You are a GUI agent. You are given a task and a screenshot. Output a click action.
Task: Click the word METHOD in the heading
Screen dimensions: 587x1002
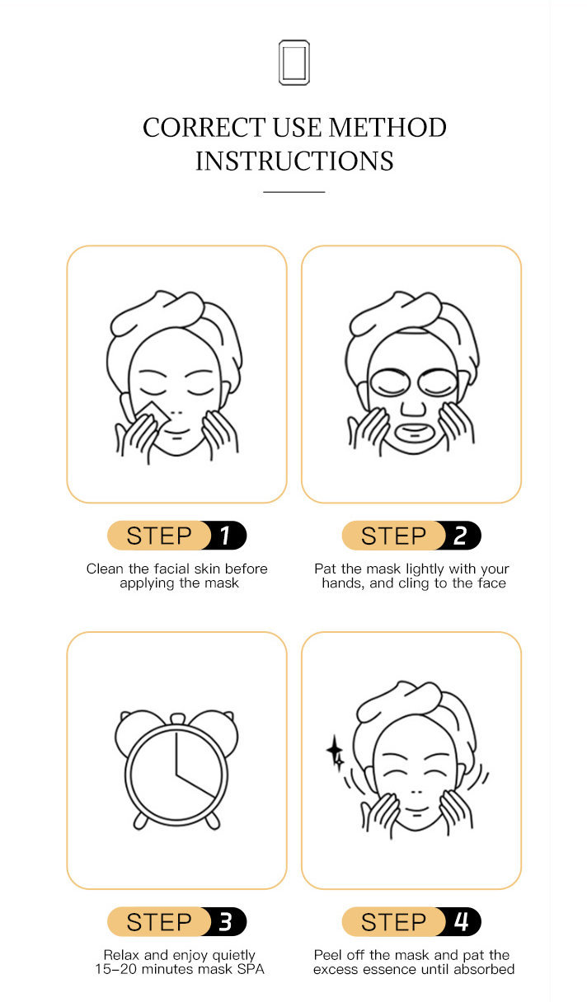[387, 128]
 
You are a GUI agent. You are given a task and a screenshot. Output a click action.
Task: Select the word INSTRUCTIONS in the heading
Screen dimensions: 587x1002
[294, 161]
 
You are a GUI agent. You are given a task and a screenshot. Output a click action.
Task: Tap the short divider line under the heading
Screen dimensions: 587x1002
[294, 192]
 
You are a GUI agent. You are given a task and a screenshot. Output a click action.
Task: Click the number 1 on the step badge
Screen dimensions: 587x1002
[225, 536]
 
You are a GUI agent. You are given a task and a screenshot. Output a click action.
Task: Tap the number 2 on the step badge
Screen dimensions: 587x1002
[459, 536]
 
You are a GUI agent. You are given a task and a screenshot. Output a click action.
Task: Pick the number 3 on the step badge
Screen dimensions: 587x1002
[225, 922]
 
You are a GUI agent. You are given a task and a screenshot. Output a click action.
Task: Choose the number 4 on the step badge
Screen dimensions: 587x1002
[461, 922]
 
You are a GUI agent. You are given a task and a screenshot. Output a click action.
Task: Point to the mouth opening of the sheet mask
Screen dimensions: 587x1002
[414, 433]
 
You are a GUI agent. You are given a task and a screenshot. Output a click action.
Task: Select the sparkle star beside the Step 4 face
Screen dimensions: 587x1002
[335, 752]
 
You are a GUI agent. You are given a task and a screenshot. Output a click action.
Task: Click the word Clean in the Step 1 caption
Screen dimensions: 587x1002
[105, 569]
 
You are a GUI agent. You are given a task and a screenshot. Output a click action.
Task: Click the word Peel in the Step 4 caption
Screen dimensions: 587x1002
[329, 955]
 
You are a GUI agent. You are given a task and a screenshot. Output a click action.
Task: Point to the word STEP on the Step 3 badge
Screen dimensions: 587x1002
[159, 922]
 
